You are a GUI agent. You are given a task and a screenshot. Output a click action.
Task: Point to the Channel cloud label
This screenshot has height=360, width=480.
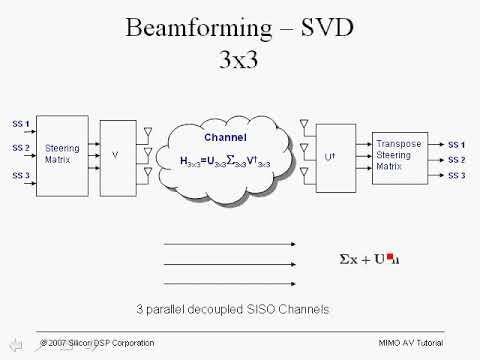click(x=226, y=138)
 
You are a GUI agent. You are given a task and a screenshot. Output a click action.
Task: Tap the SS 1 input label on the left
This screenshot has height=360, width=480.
click(x=21, y=123)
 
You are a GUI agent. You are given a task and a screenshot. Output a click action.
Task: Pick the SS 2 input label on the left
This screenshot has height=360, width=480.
click(x=21, y=148)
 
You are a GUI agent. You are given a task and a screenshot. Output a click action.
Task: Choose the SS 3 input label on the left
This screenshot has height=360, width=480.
click(x=21, y=175)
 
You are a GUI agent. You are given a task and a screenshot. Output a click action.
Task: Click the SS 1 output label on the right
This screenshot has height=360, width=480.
click(x=456, y=144)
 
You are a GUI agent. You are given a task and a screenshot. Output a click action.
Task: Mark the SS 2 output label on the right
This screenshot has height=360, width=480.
click(x=456, y=159)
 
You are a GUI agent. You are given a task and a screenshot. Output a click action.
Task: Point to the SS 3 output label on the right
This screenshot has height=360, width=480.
click(x=456, y=175)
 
